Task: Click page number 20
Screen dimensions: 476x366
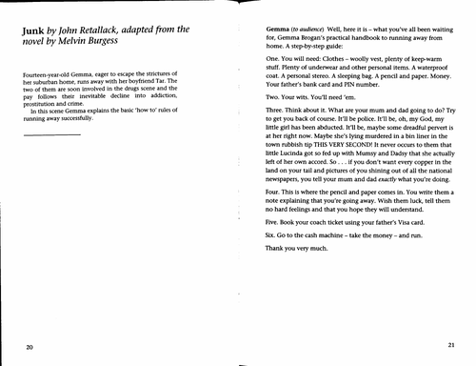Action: coord(31,345)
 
